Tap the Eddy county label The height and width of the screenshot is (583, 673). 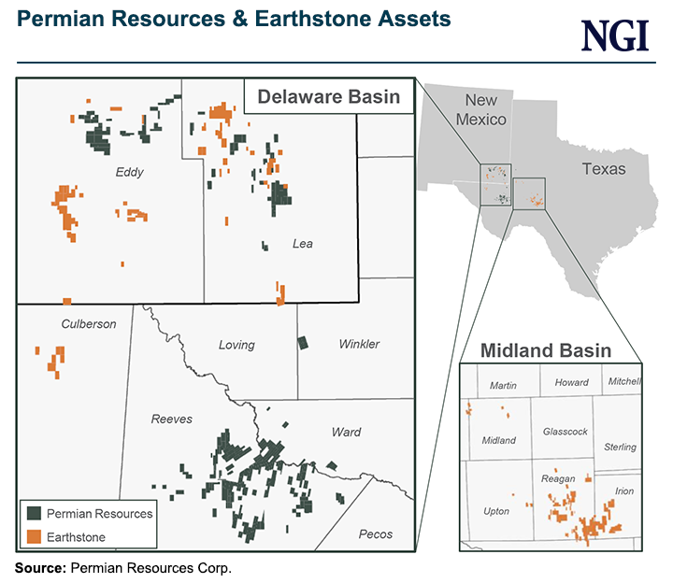pos(129,172)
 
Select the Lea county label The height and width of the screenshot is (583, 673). pos(302,244)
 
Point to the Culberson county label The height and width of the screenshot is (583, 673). pos(89,324)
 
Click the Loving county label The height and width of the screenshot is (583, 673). pos(236,345)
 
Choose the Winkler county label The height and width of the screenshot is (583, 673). pos(358,344)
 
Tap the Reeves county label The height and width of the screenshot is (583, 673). pos(172,419)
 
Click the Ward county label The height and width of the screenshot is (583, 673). pos(346,432)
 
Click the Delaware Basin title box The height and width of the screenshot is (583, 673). pos(328,96)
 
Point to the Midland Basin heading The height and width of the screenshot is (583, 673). pos(546,350)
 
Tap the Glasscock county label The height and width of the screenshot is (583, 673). pos(565,432)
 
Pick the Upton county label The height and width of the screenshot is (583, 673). pos(496,512)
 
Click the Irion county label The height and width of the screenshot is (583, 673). pos(623,491)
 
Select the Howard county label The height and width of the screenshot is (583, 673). pos(571,382)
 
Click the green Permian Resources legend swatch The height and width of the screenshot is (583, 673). pos(33,513)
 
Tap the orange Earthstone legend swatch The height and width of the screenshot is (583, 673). pos(33,536)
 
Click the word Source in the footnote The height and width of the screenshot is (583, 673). pos(38,567)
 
